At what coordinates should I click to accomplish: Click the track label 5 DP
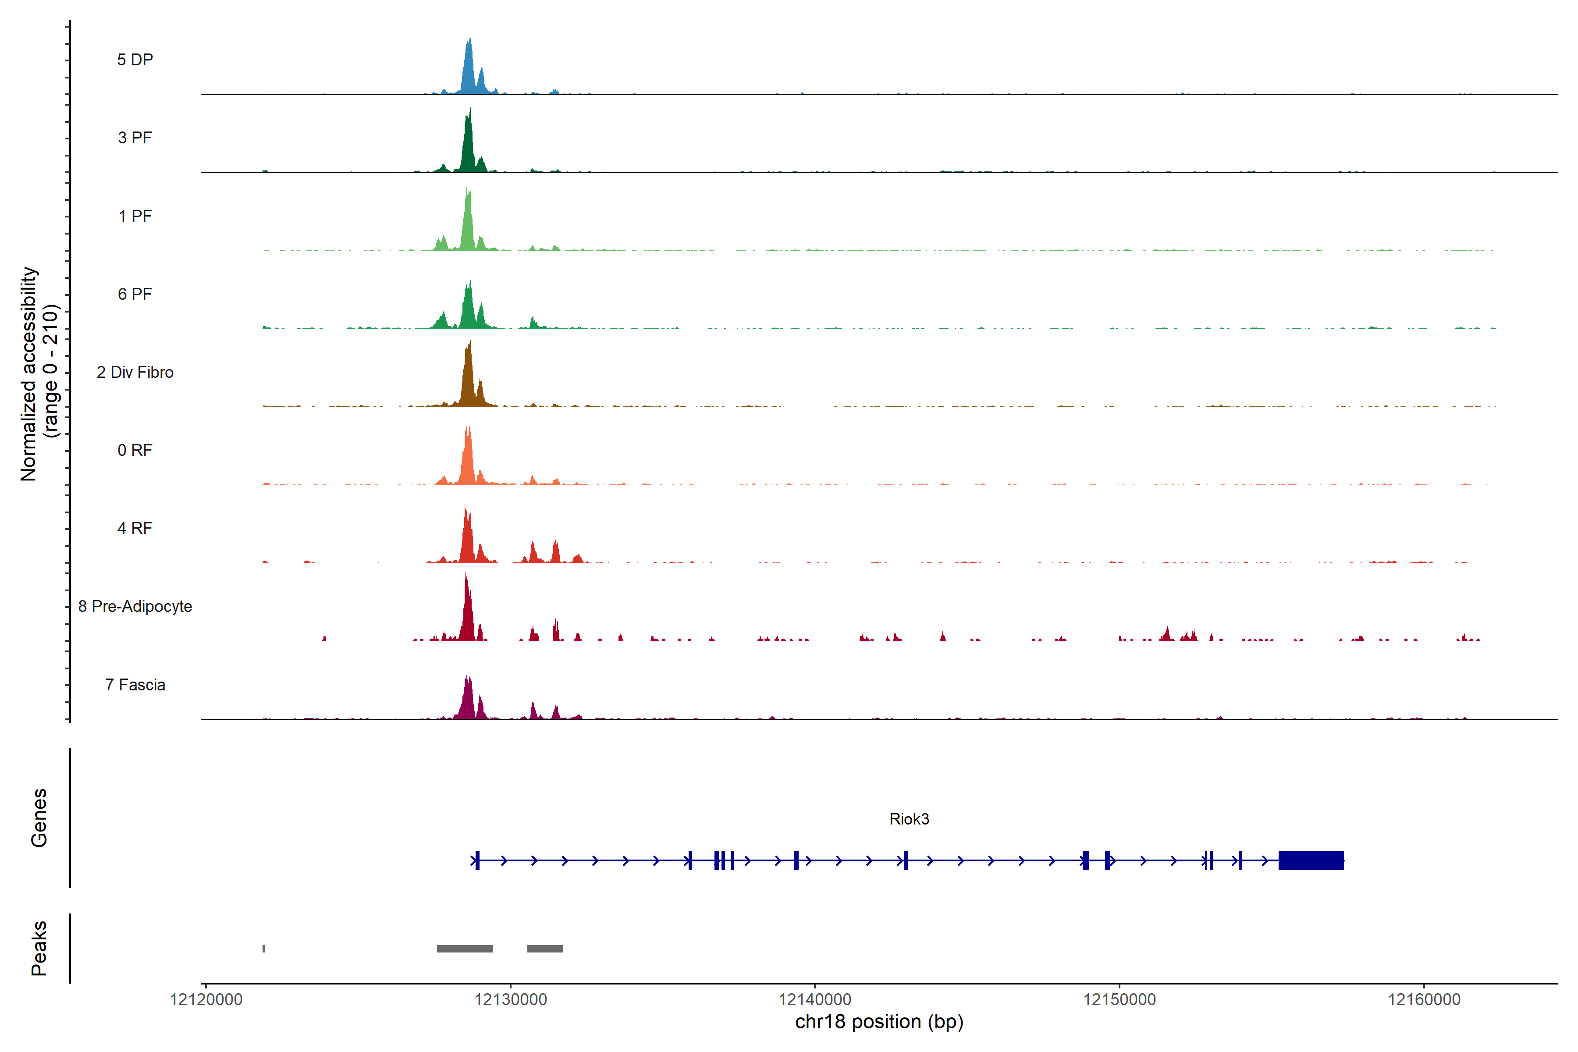[x=135, y=60]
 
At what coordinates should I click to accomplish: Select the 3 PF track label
[x=135, y=138]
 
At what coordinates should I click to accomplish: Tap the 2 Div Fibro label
[x=135, y=372]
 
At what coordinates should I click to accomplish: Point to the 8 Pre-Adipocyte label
[x=135, y=607]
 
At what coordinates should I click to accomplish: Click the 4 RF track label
[x=135, y=528]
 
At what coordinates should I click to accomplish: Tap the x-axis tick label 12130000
[x=511, y=1000]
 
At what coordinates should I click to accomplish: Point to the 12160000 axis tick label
[x=1424, y=1000]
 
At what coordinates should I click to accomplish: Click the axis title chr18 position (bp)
[x=879, y=1022]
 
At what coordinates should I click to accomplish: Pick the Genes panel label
[x=39, y=818]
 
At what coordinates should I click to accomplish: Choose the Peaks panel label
[x=39, y=948]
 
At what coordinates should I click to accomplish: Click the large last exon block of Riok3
[x=1311, y=860]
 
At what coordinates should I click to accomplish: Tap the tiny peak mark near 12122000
[x=264, y=949]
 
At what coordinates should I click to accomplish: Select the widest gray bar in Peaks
[x=465, y=949]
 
